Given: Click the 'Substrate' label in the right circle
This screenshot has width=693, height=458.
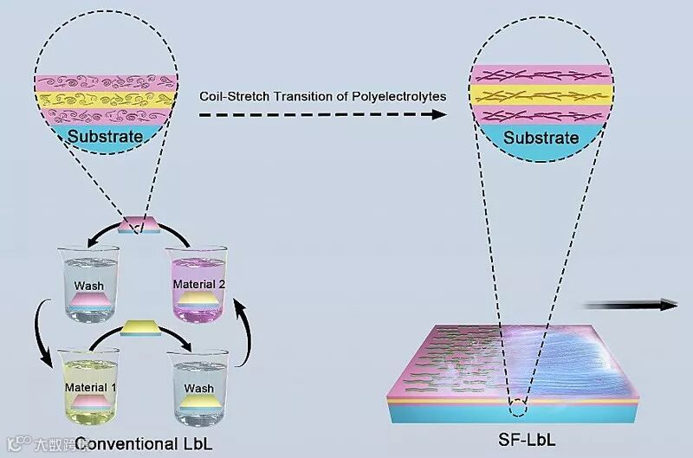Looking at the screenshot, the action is click(541, 137).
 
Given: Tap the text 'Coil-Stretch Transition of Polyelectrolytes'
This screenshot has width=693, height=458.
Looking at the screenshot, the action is click(322, 96).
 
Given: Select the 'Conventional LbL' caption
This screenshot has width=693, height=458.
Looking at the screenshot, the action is click(144, 444).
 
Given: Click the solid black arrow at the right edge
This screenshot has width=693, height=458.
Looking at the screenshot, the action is click(631, 304).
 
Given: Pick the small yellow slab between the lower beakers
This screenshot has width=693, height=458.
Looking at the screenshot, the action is click(139, 328).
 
